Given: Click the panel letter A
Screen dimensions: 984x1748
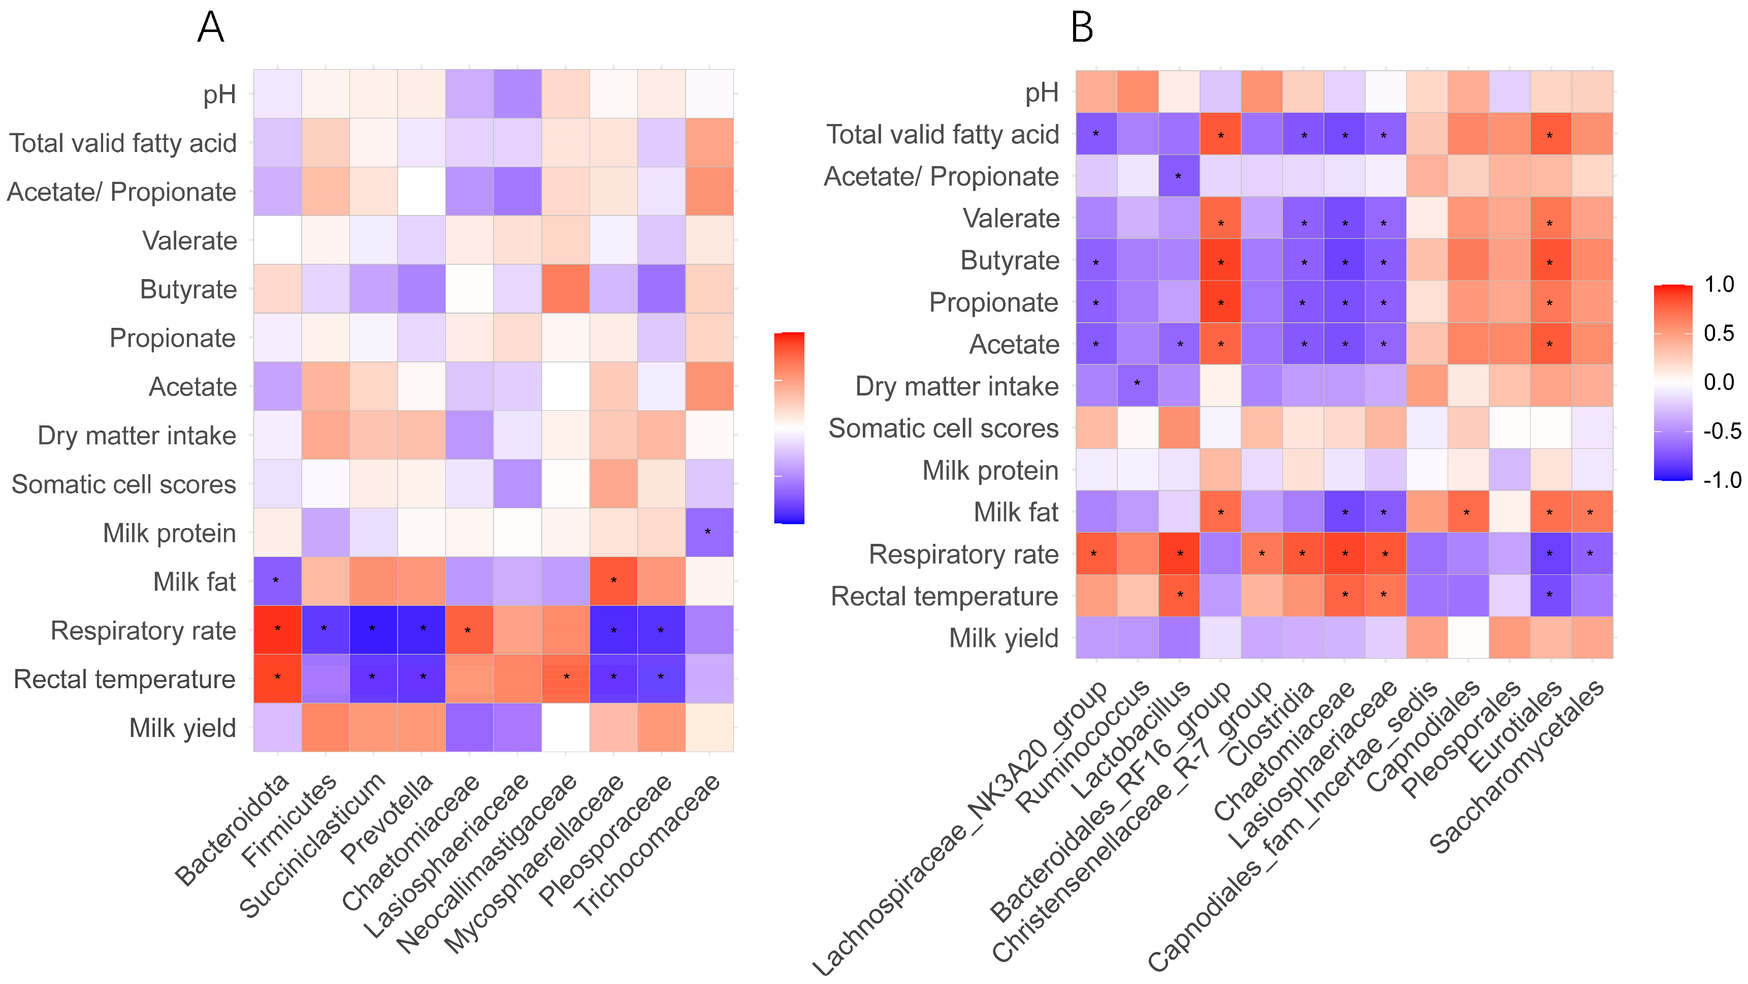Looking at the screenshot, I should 210,28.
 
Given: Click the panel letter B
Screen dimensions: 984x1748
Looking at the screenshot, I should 1082,28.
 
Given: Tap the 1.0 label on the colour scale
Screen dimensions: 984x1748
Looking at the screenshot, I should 1719,285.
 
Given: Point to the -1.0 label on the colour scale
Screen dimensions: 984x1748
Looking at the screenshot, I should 1722,480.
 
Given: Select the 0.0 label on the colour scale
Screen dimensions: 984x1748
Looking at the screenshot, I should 1719,382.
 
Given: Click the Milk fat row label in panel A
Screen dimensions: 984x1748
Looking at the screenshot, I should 194,582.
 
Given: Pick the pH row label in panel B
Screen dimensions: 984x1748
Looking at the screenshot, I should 1041,93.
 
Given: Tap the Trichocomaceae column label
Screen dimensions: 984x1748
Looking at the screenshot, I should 648,845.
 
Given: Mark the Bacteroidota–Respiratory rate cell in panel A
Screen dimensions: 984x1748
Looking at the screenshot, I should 277,630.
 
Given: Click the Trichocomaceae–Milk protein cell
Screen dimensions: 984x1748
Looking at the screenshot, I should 709,532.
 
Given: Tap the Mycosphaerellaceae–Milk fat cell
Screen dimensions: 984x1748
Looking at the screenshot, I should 613,580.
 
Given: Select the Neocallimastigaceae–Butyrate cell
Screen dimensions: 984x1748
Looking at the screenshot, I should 566,289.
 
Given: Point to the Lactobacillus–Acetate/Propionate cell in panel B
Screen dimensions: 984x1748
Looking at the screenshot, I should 1179,176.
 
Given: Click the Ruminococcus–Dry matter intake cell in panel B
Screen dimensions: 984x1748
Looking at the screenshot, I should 1137,386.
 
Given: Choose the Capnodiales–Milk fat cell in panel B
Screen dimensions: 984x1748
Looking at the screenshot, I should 1468,512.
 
